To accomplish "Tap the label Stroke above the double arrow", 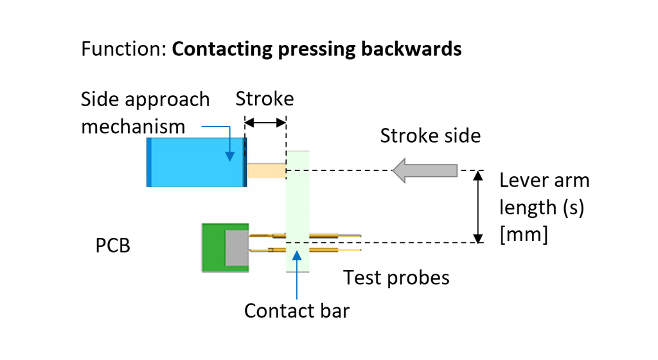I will point(264,99).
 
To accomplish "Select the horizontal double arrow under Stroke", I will point(265,122).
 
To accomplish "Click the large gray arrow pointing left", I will point(425,170).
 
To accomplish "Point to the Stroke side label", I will point(430,136).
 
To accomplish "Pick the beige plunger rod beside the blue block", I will point(266,170).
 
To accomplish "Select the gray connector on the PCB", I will point(236,248).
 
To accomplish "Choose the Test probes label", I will point(396,278).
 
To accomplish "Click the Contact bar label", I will point(296,310).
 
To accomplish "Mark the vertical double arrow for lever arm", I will point(477,206).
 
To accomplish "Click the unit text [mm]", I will point(524,235).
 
